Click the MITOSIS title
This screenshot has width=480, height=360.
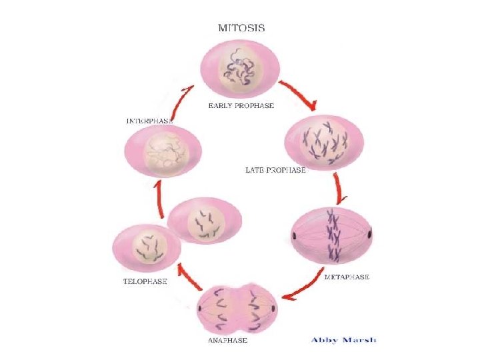tap(242, 28)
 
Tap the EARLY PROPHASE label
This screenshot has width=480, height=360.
tap(241, 105)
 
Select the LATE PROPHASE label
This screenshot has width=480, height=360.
tap(276, 170)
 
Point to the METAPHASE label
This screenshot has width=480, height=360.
tap(346, 276)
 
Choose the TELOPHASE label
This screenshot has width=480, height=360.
tap(145, 281)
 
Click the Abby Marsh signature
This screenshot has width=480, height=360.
tap(343, 339)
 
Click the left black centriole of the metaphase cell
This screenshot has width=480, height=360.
tap(294, 236)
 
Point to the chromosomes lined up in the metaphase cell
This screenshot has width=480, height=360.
tap(331, 235)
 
